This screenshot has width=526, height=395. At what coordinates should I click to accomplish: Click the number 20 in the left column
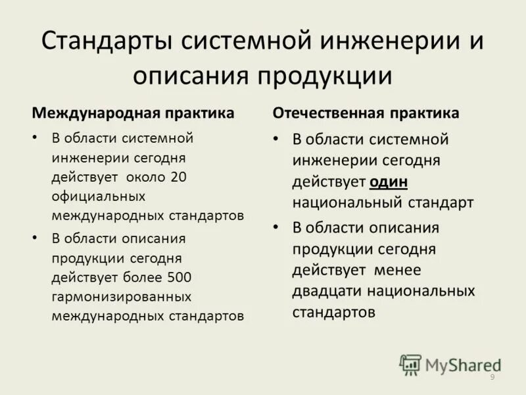[x=178, y=177]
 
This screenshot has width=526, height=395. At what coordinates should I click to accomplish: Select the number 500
[x=179, y=277]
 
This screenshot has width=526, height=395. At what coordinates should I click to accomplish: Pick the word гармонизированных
[x=122, y=296]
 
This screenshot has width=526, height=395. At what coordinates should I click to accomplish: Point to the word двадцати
[x=327, y=291]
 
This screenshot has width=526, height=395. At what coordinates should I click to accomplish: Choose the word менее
[x=399, y=270]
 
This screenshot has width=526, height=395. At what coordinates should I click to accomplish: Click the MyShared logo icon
[x=410, y=365]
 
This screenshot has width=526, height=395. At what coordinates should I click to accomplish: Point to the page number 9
[x=492, y=377]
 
